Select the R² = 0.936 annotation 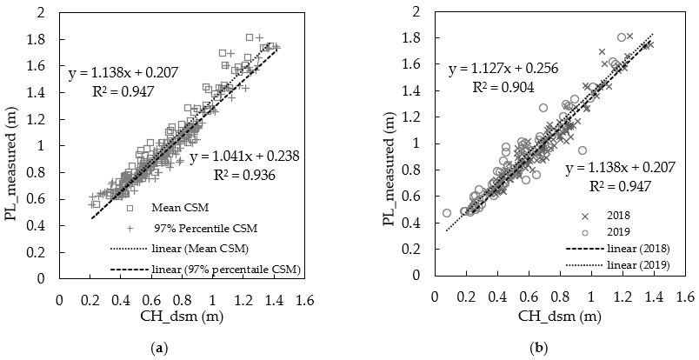click(257, 174)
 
